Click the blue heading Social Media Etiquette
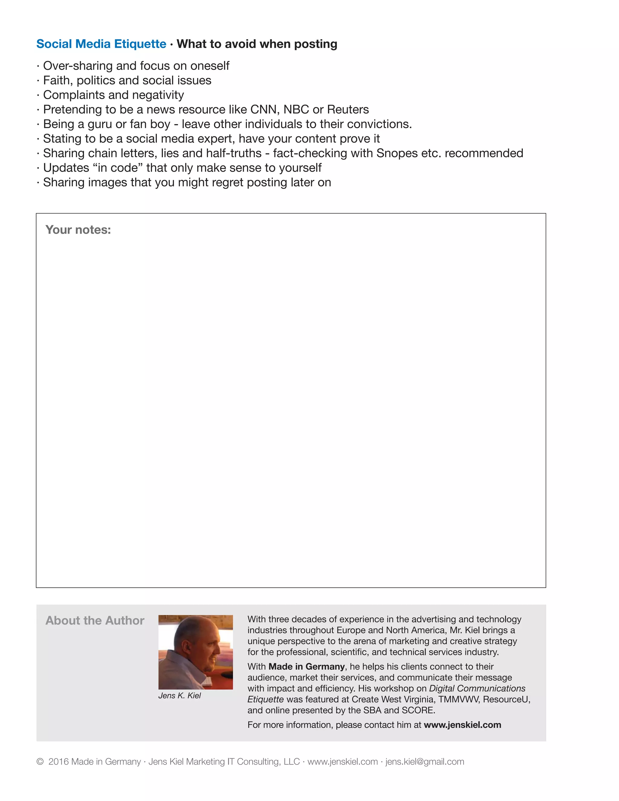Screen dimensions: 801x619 point(101,44)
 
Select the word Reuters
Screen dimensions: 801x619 point(348,110)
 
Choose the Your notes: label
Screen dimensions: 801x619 point(78,230)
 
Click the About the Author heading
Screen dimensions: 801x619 point(95,620)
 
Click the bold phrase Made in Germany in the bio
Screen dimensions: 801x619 point(306,666)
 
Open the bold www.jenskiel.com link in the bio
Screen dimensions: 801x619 point(462,725)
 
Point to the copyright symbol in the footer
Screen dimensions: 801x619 point(40,762)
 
